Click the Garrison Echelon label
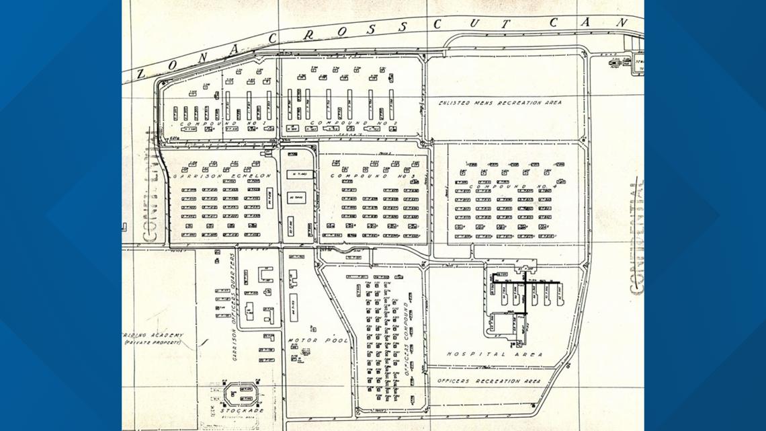[x=222, y=176]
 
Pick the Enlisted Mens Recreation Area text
[x=500, y=103]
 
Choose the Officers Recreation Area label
[x=488, y=381]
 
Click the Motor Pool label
[x=318, y=340]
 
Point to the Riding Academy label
[x=153, y=335]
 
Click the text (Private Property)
[x=154, y=343]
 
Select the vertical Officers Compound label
[x=406, y=336]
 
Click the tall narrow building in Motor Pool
[x=294, y=306]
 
